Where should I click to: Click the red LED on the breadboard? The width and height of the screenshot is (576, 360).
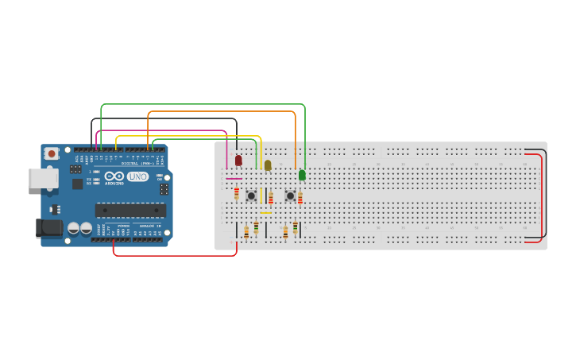tap(238, 161)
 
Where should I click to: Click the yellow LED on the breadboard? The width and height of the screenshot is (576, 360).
tap(268, 165)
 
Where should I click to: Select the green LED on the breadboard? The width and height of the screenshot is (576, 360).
tap(302, 175)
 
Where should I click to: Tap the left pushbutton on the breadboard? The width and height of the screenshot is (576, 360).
tap(251, 195)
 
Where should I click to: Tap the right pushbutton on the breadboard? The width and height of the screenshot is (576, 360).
tap(290, 195)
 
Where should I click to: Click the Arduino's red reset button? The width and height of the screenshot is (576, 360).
tap(52, 153)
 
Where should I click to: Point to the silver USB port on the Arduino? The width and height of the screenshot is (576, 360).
tap(43, 178)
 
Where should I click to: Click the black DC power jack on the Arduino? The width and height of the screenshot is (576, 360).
tap(49, 228)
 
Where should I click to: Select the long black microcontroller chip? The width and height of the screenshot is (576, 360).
tap(130, 211)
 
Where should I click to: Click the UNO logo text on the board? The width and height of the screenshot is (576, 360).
tap(138, 176)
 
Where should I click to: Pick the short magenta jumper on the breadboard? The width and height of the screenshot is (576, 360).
tap(234, 179)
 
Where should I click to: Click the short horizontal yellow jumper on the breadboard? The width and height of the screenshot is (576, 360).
tap(265, 213)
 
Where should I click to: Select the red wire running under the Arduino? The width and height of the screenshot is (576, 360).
tap(175, 255)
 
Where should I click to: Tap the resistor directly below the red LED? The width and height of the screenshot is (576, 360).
tap(236, 193)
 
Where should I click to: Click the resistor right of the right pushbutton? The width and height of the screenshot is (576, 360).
tap(300, 197)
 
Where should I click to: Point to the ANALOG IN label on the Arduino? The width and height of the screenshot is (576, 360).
tap(150, 226)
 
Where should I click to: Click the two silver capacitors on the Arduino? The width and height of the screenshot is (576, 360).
tap(79, 229)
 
